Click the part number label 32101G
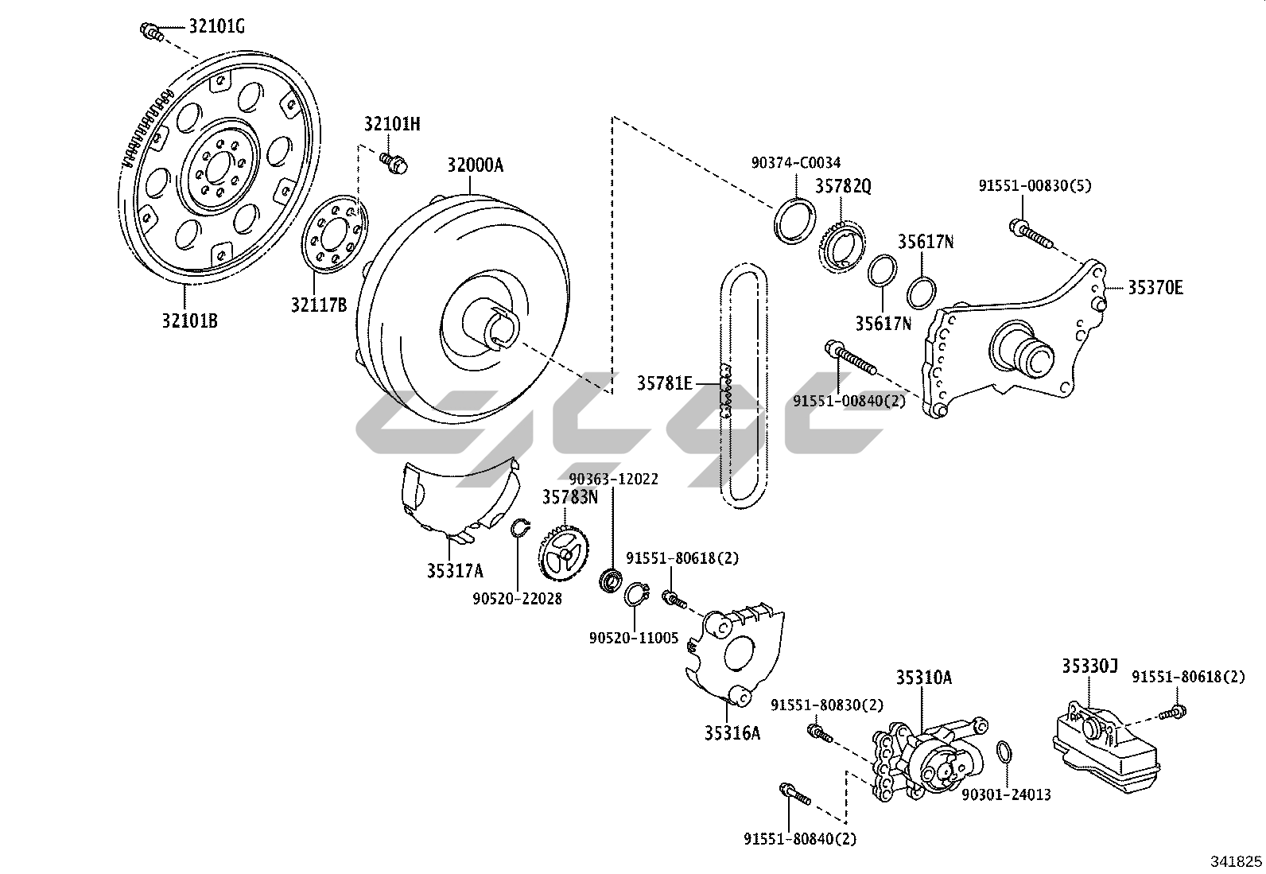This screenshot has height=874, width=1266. point(216,27)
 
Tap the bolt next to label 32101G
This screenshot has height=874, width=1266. point(151,32)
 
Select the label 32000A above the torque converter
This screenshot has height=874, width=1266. point(475,165)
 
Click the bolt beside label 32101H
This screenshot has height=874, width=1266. point(393,161)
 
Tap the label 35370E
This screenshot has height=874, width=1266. point(1155,287)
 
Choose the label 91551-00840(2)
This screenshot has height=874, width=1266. point(849,401)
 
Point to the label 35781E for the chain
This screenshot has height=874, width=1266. point(664,383)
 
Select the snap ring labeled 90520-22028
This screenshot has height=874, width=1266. point(518,528)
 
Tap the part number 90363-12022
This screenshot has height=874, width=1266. point(613,479)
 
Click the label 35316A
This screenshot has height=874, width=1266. point(732,733)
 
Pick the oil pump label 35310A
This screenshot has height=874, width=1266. point(923,678)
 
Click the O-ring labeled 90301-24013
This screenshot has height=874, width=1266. point(1005,752)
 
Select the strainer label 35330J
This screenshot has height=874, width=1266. point(1089,666)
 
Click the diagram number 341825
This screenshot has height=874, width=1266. point(1236,860)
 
